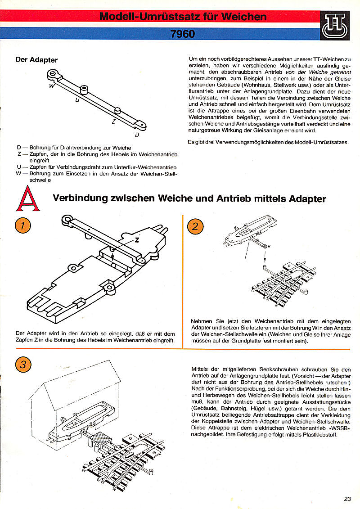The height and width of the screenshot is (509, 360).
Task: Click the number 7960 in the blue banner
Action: point(183,33)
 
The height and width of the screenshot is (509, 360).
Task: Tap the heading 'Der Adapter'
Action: point(36,59)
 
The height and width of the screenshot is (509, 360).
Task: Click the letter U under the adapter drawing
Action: point(77,101)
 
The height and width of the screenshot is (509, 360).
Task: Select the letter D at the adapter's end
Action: point(136,134)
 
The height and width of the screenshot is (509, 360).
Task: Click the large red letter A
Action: point(28,199)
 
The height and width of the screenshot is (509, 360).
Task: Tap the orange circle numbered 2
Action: point(194,225)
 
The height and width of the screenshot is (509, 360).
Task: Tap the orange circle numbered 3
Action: point(22,364)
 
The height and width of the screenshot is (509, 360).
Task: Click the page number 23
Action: point(347,499)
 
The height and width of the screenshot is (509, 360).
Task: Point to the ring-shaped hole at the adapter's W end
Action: point(54,72)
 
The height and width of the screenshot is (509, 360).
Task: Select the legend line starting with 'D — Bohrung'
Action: point(74,148)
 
